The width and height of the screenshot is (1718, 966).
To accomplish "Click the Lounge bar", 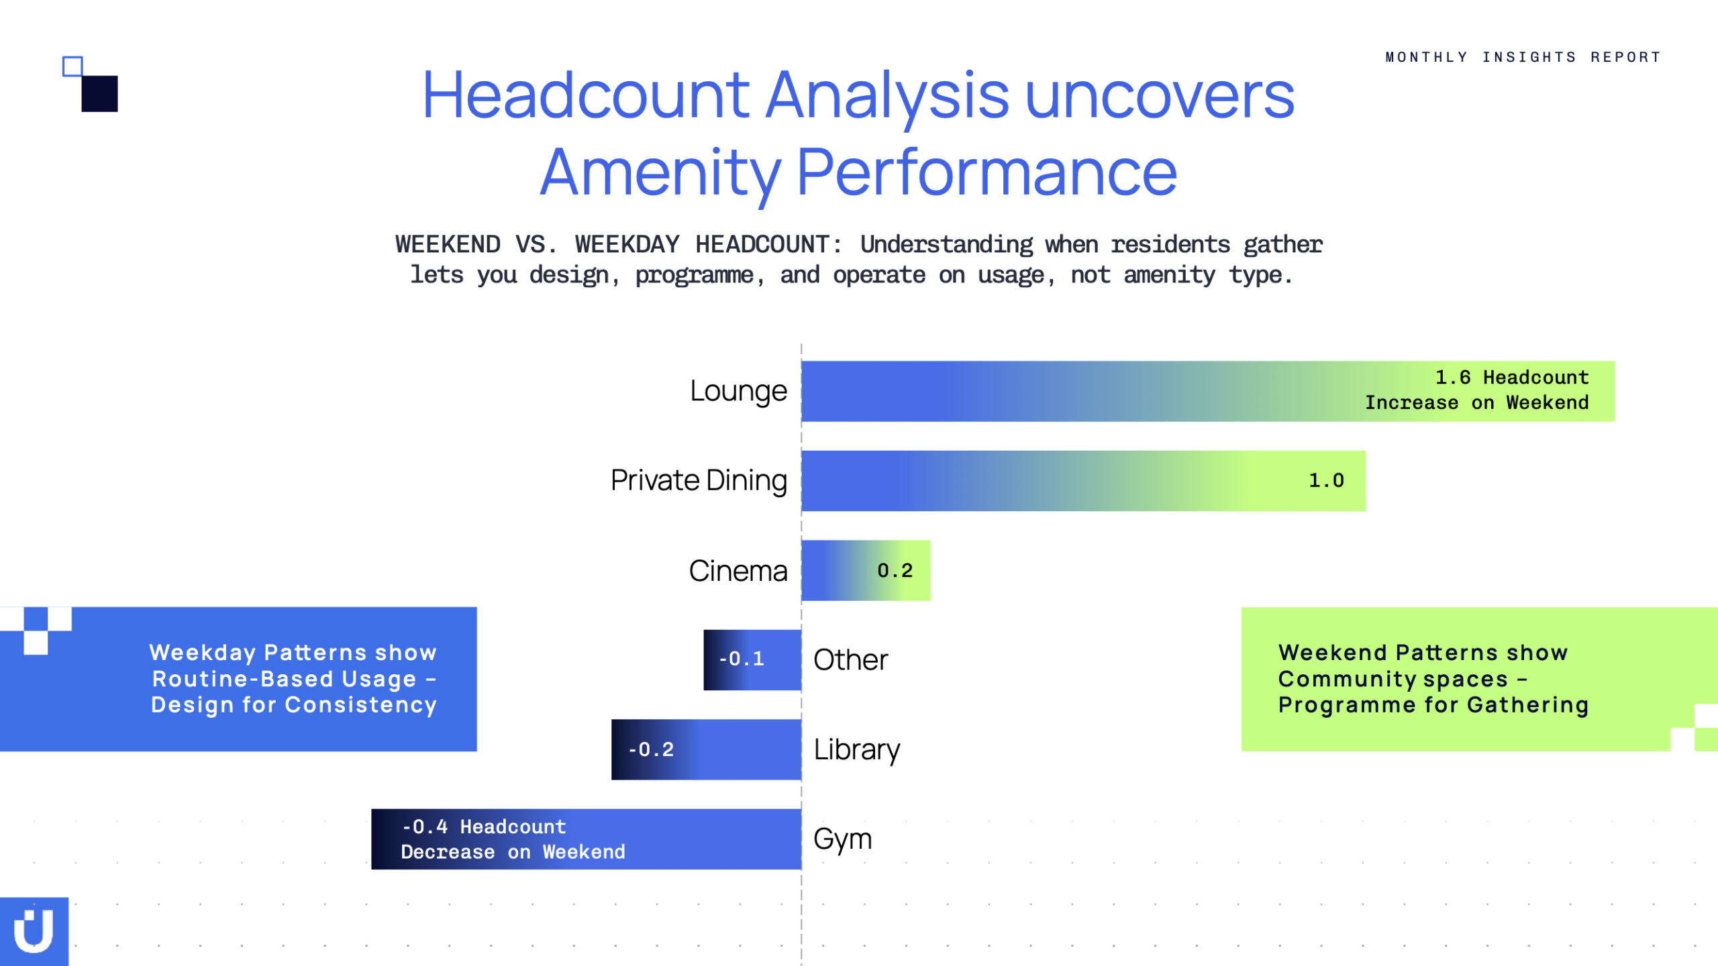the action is (x=1208, y=391).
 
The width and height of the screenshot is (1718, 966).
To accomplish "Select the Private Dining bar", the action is (x=1083, y=480).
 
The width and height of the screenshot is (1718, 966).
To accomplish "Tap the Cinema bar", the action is (x=866, y=570).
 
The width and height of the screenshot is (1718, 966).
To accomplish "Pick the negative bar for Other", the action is (x=752, y=659).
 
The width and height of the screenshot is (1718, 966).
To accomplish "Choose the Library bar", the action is (x=706, y=749).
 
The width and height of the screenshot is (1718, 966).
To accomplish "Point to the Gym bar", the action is (x=587, y=839).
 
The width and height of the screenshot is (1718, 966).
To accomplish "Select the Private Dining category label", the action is (x=699, y=481).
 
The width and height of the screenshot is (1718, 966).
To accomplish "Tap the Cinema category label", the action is (x=738, y=571).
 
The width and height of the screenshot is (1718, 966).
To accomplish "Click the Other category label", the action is (x=851, y=660).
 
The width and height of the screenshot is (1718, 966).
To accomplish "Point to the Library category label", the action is (x=857, y=750).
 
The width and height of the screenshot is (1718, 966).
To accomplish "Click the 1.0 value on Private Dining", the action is (x=1327, y=480).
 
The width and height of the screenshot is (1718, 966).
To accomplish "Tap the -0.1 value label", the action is (x=742, y=659).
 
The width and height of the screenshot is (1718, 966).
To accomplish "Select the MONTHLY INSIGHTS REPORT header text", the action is (x=1523, y=57).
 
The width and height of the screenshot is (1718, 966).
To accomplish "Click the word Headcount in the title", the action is (x=586, y=95).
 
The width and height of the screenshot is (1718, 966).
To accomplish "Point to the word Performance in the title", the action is (x=987, y=172).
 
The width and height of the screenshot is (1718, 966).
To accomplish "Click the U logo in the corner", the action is (x=34, y=931).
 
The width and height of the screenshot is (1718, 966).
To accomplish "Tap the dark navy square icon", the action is (x=99, y=94).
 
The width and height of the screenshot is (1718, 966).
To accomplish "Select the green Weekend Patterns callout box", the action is (x=1479, y=679).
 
